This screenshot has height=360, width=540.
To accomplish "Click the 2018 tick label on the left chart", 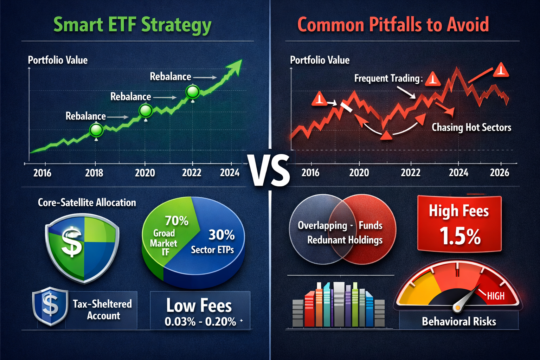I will tap(94, 173).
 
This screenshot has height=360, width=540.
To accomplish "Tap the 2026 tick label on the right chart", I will tap(499, 173).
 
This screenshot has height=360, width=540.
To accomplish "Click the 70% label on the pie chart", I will tap(176, 221).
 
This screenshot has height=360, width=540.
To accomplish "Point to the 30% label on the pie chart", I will tap(221, 235).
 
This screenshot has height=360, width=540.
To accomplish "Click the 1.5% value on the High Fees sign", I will tap(460, 236).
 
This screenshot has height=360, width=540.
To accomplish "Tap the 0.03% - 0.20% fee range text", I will tap(200, 321).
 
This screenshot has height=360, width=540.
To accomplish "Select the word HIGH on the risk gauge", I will tap(496, 296).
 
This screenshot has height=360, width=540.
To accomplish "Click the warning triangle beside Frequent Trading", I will tap(433, 79).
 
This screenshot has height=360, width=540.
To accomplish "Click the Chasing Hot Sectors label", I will tap(471, 127).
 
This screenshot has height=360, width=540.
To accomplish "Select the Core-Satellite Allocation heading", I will tap(87, 202).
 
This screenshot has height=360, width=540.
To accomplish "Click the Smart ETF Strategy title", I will tap(132, 25).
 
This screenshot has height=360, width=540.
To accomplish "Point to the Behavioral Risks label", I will tap(459, 321).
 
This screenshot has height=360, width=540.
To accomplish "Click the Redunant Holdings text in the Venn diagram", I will tap(345, 240).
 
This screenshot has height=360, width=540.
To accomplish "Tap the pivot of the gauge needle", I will tap(457, 308).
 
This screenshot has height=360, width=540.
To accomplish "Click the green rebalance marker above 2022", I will tap(192, 92).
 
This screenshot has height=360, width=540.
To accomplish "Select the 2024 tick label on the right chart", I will tap(458, 173).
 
